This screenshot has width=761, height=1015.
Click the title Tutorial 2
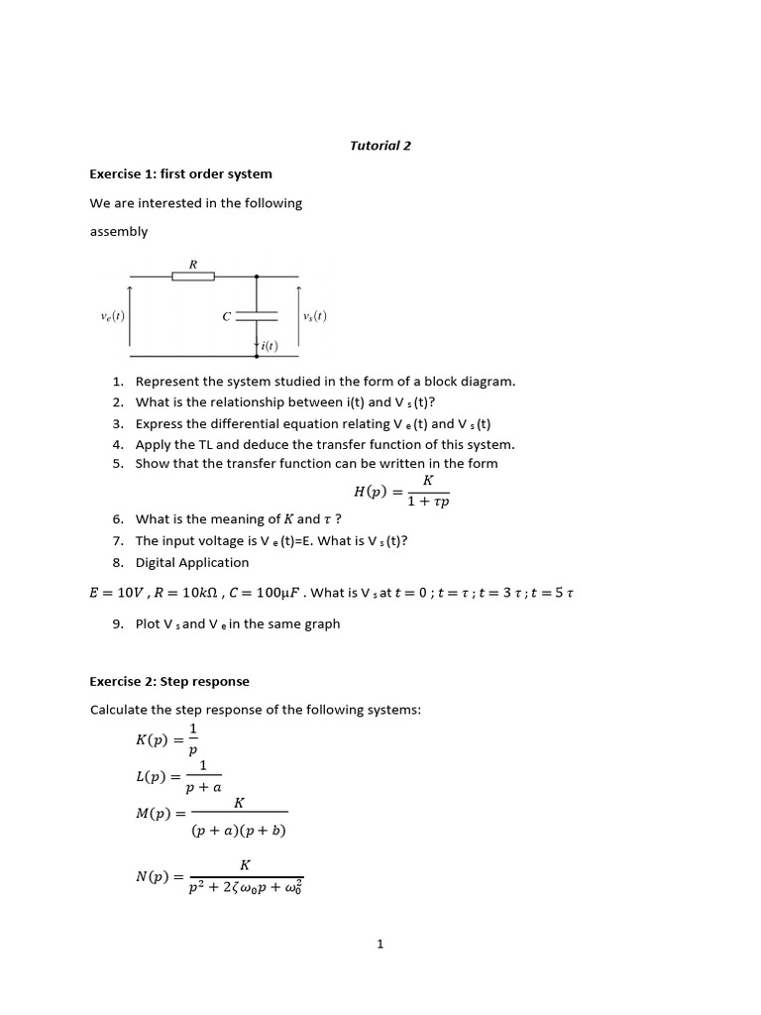coord(380,146)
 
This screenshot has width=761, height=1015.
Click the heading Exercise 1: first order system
coord(180,174)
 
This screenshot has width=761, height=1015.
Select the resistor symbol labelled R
coord(193,277)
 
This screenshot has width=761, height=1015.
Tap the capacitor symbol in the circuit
coord(257,316)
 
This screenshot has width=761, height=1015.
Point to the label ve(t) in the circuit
coord(113,316)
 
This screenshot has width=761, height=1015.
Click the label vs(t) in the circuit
coord(315,316)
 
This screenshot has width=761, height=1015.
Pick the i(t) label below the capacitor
coord(269,346)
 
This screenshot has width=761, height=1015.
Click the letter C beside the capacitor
coord(227,316)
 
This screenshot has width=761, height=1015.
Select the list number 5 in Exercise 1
coord(117,464)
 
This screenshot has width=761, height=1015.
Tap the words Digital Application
coord(192,563)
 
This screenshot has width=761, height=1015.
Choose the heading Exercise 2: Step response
coord(169,682)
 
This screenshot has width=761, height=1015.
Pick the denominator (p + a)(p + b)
coord(239,830)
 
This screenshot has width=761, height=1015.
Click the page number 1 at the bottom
coord(380,945)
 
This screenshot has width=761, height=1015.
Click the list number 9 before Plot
coord(117,624)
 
